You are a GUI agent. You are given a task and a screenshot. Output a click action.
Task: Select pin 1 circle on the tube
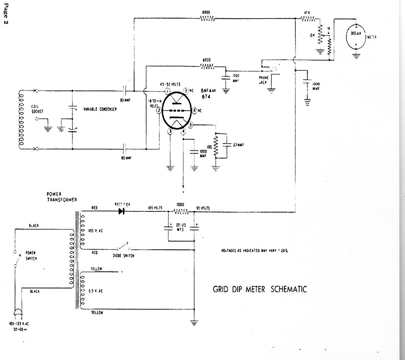click(167, 91)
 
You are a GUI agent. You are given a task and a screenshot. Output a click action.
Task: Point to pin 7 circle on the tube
click(185, 91)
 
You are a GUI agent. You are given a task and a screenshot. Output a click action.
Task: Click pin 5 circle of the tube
click(191, 125)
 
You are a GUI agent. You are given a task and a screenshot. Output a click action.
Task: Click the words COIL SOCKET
click(38, 109)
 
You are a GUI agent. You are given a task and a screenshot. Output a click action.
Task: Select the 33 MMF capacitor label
click(238, 145)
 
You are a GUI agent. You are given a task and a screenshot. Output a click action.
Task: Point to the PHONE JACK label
click(263, 80)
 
